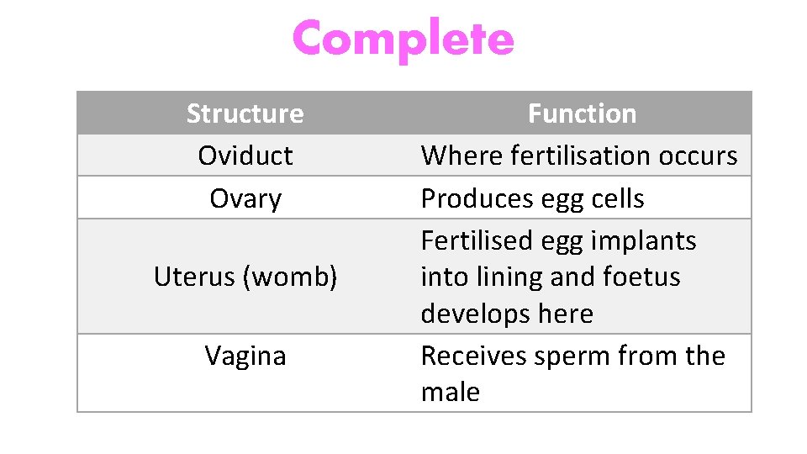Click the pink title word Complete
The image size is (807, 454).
(x=403, y=39)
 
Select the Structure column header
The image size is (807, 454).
(x=245, y=113)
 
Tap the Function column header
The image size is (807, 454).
(x=582, y=113)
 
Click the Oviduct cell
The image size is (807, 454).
(x=245, y=156)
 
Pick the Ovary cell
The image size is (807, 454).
(x=245, y=199)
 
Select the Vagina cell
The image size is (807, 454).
(x=245, y=356)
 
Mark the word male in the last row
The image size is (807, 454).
(x=450, y=393)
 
